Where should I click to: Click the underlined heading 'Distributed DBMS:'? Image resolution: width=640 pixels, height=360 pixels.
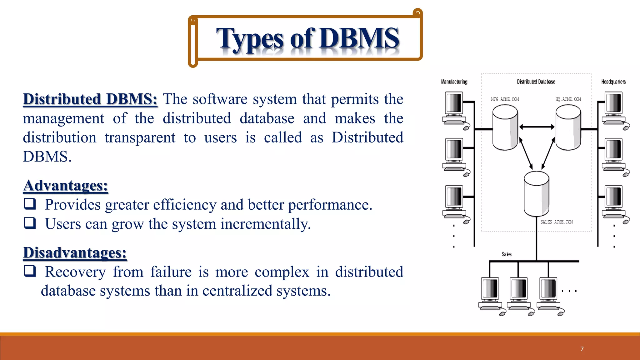90,99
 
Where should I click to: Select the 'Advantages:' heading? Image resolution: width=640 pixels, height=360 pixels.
66,186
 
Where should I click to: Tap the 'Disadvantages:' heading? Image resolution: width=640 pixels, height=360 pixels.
75,252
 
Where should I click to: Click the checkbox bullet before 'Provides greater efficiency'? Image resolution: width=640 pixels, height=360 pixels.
30,204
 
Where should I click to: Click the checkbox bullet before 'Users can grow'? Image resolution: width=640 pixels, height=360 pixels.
30,223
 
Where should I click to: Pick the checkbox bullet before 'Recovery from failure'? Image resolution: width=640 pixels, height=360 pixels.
30,271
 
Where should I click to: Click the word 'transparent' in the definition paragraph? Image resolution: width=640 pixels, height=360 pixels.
140,138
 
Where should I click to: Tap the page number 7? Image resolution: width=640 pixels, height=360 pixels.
582,349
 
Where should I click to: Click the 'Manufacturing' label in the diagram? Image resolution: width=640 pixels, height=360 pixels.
454,82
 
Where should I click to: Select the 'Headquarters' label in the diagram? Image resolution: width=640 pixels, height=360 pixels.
613,82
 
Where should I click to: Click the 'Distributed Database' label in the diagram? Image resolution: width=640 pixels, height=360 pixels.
536,82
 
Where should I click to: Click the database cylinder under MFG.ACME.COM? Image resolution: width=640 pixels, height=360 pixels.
505,127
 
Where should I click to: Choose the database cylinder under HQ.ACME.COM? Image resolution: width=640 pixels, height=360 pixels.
568,127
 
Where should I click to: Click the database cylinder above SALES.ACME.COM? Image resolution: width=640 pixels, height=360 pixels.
536,194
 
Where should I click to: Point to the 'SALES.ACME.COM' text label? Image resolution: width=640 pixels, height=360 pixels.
557,222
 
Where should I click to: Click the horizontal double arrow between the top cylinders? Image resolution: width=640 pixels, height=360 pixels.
537,127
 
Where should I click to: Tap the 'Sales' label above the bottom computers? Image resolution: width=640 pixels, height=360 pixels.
507,254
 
